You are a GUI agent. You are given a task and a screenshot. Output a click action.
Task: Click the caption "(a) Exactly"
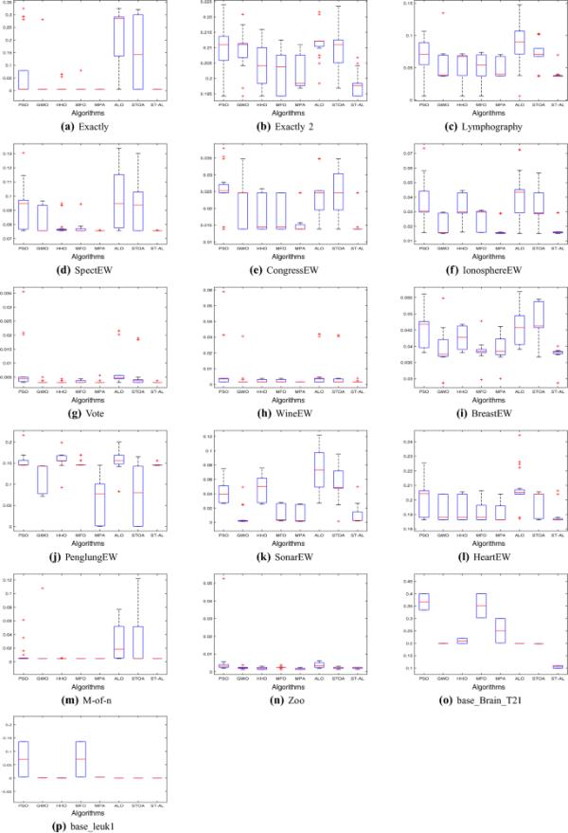(92, 125)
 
